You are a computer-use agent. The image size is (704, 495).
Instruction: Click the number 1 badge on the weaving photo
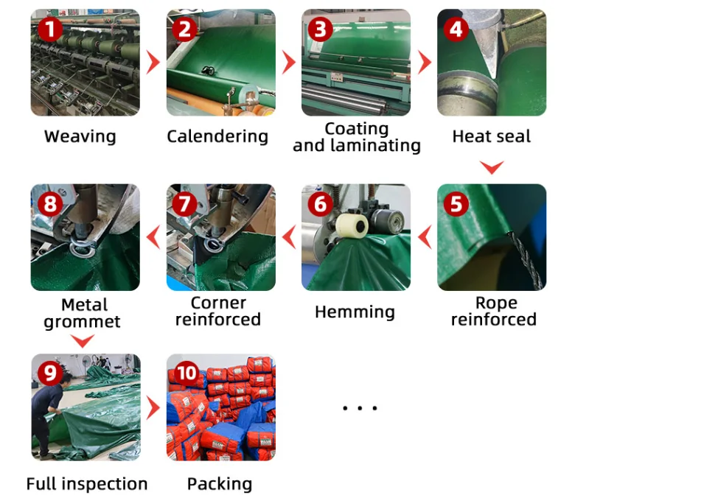(x=49, y=30)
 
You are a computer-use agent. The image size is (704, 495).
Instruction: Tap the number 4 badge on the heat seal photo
(x=456, y=29)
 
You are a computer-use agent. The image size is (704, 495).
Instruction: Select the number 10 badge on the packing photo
(x=186, y=373)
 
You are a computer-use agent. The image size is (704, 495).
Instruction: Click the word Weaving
(x=80, y=136)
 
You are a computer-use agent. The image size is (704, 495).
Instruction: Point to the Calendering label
(x=217, y=136)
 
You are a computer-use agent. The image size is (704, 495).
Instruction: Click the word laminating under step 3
(x=378, y=146)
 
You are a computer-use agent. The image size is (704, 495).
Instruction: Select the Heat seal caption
(x=491, y=136)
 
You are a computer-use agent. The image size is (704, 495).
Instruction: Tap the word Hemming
(x=355, y=312)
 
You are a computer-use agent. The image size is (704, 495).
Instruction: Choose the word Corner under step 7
(x=218, y=303)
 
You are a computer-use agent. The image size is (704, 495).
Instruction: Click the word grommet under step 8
(x=82, y=322)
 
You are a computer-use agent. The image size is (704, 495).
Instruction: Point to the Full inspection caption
(x=87, y=484)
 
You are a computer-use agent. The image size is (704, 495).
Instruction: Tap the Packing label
(x=220, y=484)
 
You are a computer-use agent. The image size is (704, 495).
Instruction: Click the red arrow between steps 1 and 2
(x=153, y=63)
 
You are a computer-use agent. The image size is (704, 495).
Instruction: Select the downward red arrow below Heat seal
(x=491, y=168)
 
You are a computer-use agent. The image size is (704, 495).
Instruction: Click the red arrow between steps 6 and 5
(x=424, y=237)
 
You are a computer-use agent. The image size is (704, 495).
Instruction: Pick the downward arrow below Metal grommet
(x=83, y=341)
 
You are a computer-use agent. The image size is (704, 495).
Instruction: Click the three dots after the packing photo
(x=360, y=408)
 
